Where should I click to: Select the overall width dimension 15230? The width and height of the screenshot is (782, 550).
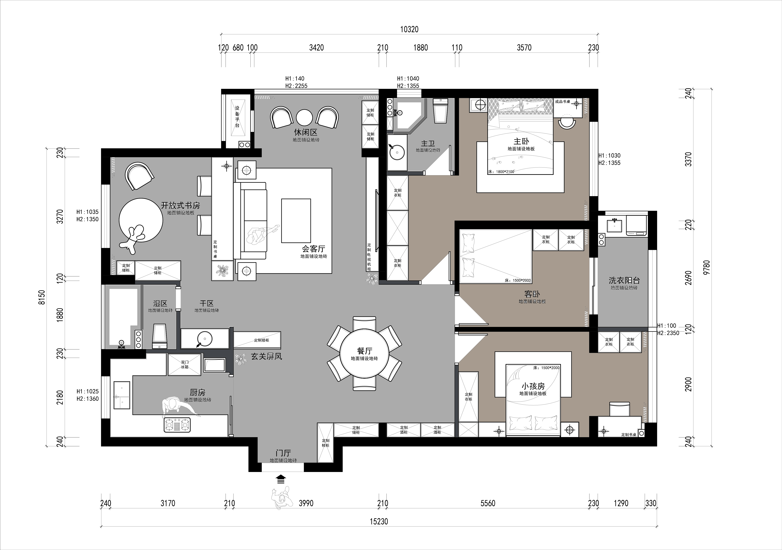(x=379, y=521)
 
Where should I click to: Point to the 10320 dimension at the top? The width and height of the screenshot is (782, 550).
(x=409, y=29)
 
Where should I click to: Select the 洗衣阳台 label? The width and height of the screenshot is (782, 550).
(x=624, y=280)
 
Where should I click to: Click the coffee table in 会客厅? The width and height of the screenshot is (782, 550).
(x=296, y=221)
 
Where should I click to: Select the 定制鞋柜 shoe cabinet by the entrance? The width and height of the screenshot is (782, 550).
(x=326, y=443)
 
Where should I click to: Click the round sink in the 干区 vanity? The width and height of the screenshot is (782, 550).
(x=205, y=339)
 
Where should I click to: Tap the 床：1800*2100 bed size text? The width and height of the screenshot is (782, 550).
(x=501, y=172)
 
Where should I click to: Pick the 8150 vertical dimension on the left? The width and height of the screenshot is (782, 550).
(x=42, y=297)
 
